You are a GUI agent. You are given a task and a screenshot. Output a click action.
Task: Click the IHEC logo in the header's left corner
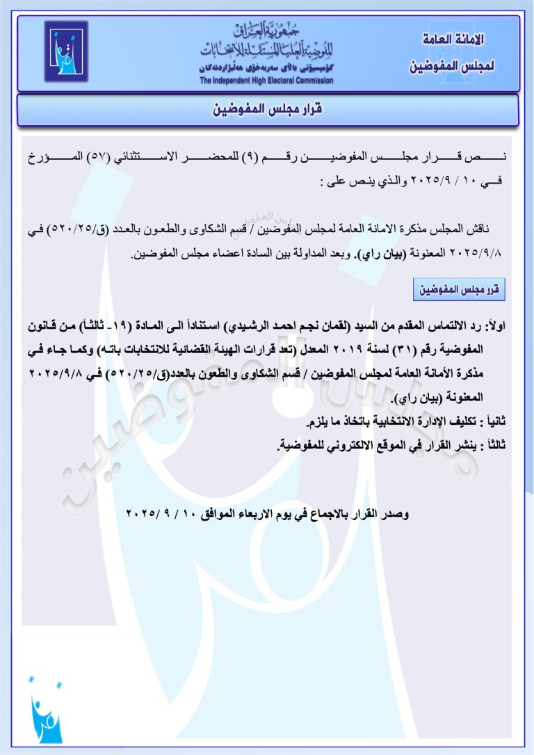(x=67, y=52)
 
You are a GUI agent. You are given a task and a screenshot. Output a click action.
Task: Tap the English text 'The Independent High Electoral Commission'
(x=267, y=81)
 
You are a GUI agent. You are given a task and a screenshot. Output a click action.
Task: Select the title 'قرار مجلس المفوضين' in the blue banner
(x=268, y=110)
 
